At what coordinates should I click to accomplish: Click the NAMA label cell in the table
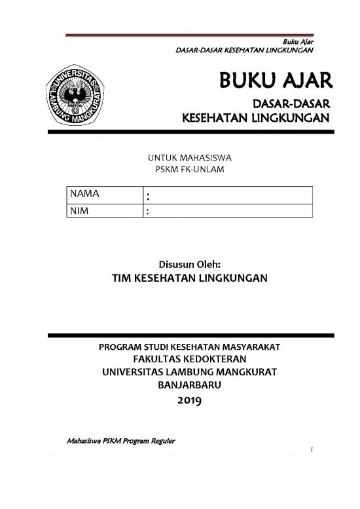pyautogui.click(x=104, y=195)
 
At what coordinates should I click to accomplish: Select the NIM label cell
pyautogui.click(x=104, y=211)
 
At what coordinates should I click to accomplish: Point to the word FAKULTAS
pyautogui.click(x=156, y=359)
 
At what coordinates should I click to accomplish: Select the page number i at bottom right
pyautogui.click(x=314, y=451)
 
